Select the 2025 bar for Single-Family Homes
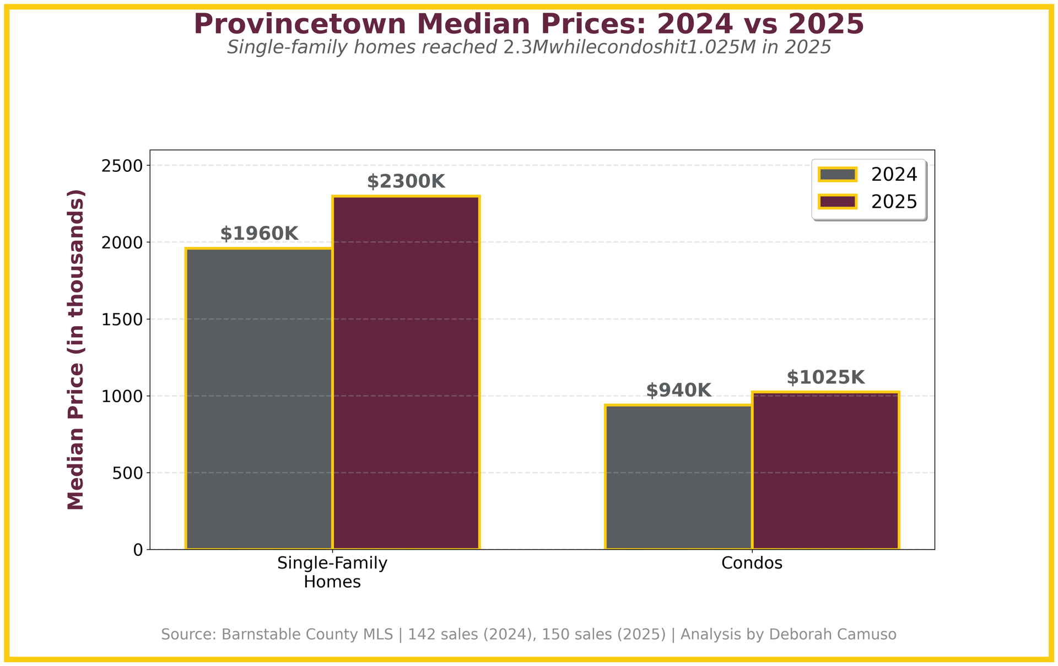(x=406, y=372)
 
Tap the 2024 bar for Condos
(x=678, y=477)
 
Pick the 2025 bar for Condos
(x=825, y=470)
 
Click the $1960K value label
(x=259, y=234)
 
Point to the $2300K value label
(x=406, y=182)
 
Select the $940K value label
(x=678, y=391)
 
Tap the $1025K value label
(x=825, y=378)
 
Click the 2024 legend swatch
(x=837, y=175)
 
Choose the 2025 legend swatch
(x=837, y=202)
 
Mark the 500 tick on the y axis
(x=128, y=473)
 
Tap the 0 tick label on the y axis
(x=138, y=550)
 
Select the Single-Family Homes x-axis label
(x=332, y=572)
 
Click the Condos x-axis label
(x=752, y=564)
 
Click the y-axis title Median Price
(x=76, y=350)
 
